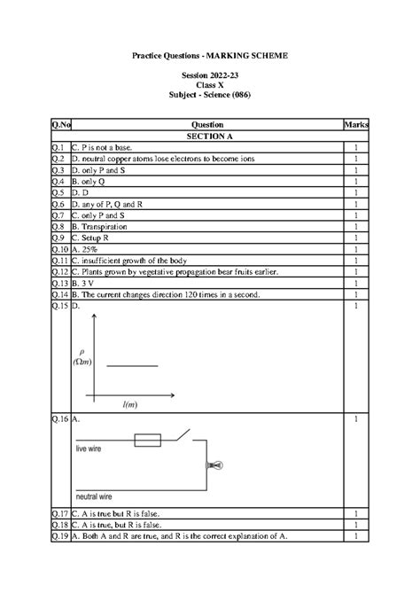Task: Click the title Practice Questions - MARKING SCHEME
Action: click(x=210, y=56)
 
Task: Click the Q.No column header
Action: click(x=59, y=125)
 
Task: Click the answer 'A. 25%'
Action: click(x=87, y=250)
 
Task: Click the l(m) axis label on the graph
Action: click(x=130, y=403)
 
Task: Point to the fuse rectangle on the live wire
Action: click(x=146, y=440)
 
